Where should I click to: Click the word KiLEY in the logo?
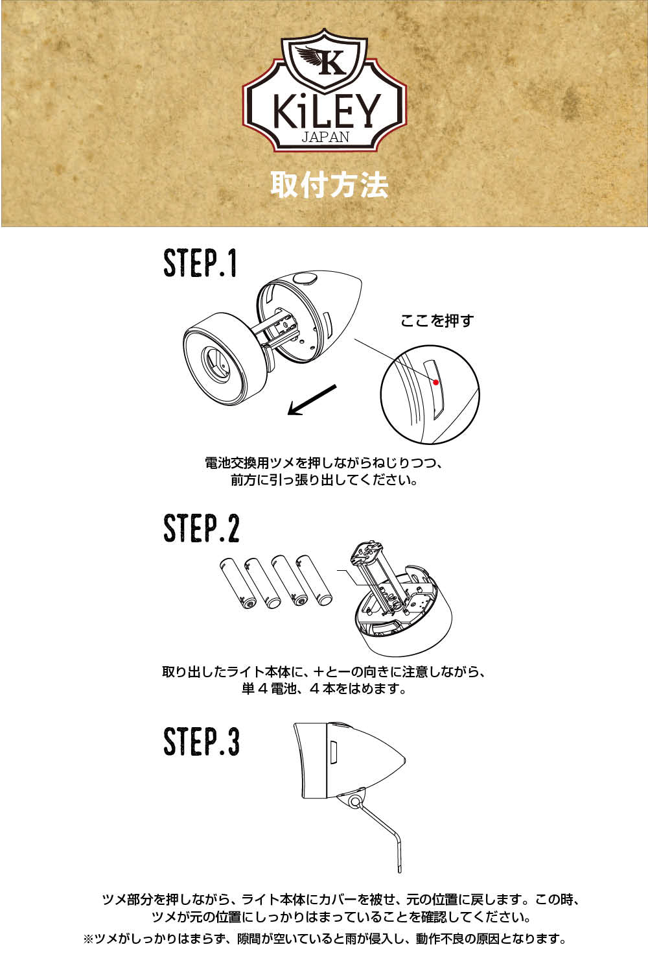coord(327,112)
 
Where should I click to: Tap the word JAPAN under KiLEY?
coord(325,137)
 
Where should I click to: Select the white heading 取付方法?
coord(329,185)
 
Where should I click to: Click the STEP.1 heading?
coord(200,263)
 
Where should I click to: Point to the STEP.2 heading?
coord(202,528)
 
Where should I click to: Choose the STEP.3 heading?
coord(202,741)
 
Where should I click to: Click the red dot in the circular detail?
coord(435,382)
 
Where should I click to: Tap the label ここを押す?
coord(437,320)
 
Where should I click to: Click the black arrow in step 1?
coord(312,400)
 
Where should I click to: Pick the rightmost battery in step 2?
coord(314,581)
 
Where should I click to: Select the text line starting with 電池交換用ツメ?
coord(324,463)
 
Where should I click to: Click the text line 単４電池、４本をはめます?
coord(324,689)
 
